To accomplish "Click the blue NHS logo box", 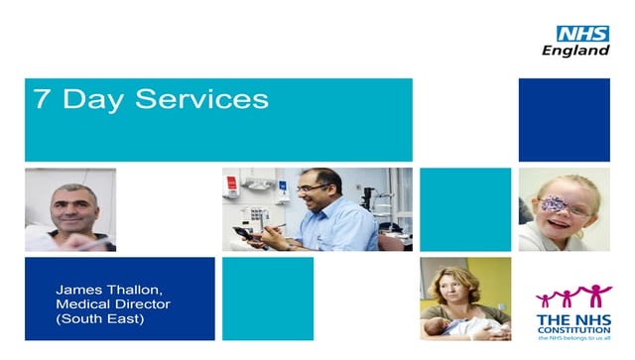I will click(582, 34).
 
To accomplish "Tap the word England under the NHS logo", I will click(575, 51).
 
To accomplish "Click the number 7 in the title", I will click(41, 99).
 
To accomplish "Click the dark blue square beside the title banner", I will click(564, 120).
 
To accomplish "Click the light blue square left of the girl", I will click(465, 209).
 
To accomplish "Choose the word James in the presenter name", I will click(78, 288).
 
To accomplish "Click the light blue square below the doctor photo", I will click(267, 299).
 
